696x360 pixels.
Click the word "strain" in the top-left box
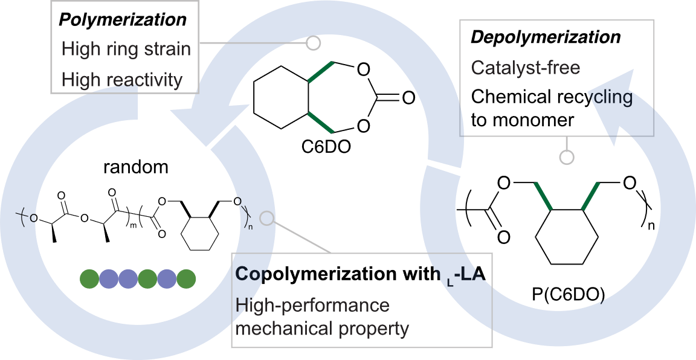[x=165, y=49]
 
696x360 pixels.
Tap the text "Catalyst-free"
[x=525, y=68]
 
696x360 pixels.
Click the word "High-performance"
[x=312, y=306]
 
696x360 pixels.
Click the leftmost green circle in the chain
[x=89, y=278]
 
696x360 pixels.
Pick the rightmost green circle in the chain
[x=186, y=278]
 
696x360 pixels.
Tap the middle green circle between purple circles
[x=147, y=278]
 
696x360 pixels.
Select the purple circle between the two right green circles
[x=167, y=278]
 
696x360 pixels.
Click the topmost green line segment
[x=320, y=72]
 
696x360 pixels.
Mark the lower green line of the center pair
[x=320, y=122]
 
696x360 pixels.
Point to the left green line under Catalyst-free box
[x=543, y=196]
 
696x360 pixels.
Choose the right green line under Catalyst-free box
[x=590, y=196]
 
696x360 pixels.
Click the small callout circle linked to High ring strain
[x=313, y=43]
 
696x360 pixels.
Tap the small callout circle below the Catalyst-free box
[x=567, y=158]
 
